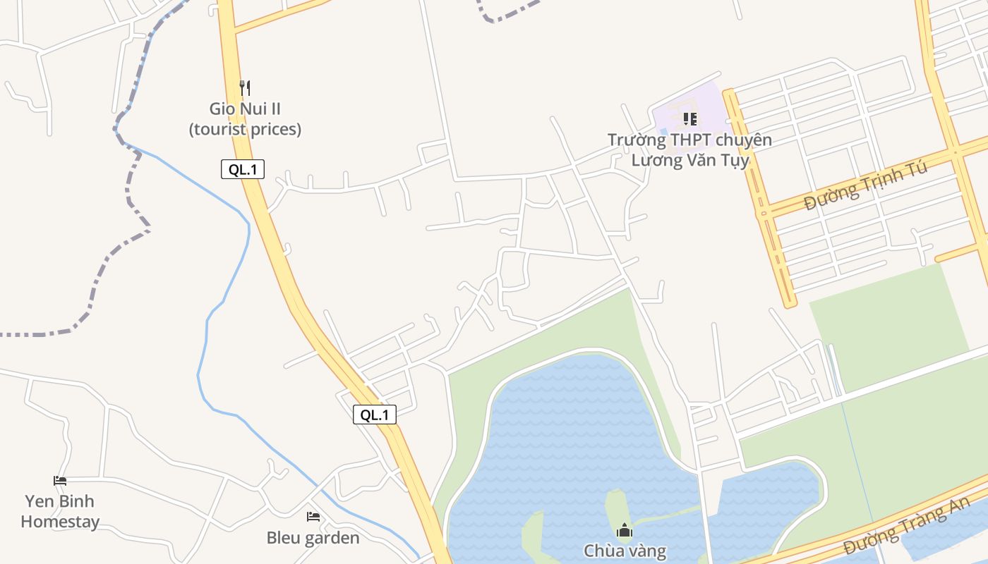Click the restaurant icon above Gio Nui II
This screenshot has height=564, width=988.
tap(245, 88)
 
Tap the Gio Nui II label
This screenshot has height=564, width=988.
tap(245, 109)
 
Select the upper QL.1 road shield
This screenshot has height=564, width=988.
tap(243, 169)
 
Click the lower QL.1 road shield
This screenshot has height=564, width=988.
tap(375, 415)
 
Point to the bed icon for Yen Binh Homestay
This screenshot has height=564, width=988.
tap(60, 481)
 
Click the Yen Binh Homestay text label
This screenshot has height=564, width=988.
tap(60, 512)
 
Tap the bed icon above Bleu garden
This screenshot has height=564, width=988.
tap(313, 517)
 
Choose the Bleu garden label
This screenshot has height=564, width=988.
tap(313, 538)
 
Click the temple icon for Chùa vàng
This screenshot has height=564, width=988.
tap(624, 530)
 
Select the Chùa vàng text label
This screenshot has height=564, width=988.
tap(625, 551)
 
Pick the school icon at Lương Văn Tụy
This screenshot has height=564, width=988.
tap(690, 119)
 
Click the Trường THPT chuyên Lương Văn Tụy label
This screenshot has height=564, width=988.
tap(689, 150)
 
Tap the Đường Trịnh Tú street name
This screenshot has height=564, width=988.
tap(866, 187)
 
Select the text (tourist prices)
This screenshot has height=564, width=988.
tap(245, 130)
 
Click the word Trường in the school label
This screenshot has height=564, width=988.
tap(637, 140)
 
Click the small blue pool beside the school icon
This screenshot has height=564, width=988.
tap(663, 132)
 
